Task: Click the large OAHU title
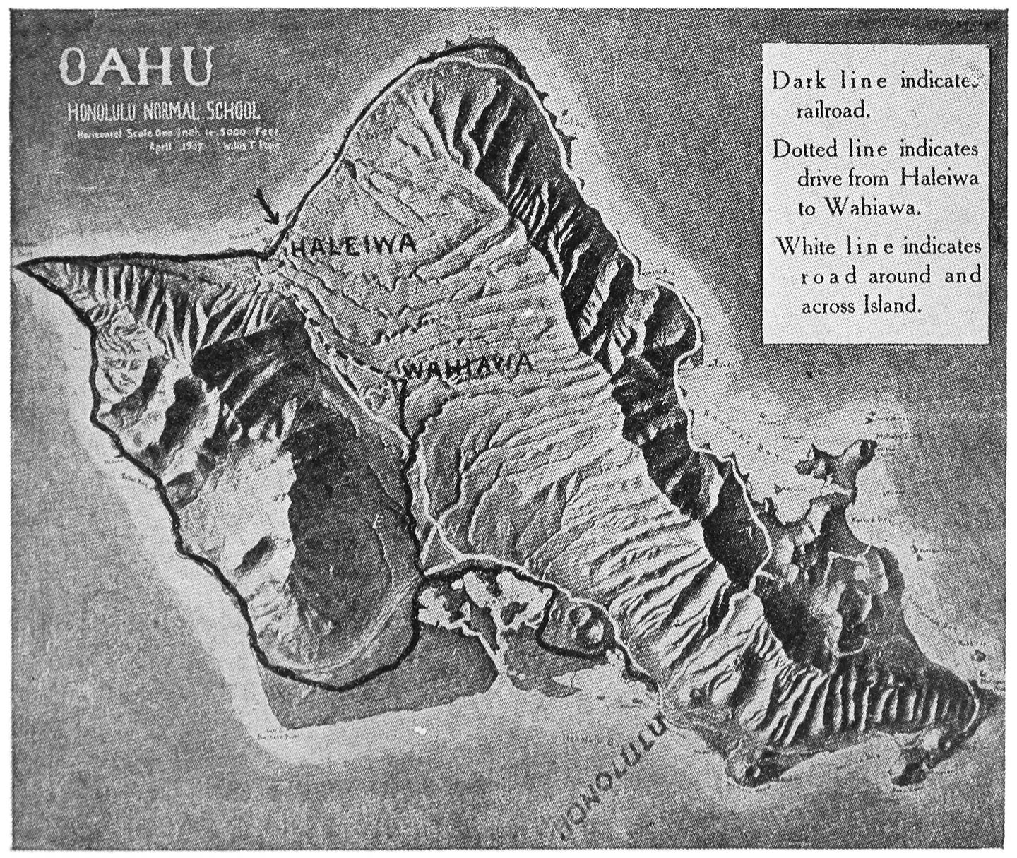(136, 68)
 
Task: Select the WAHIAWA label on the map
(466, 367)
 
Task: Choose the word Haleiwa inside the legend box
(940, 179)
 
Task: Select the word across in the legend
(828, 306)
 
